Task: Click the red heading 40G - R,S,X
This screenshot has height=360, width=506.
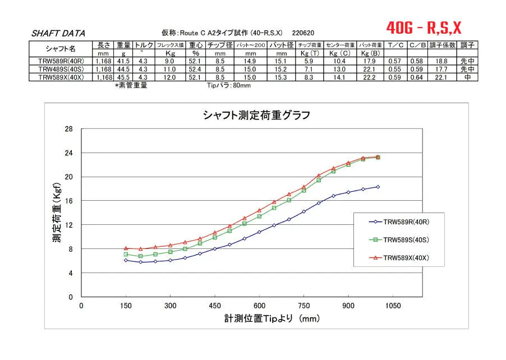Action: (424, 27)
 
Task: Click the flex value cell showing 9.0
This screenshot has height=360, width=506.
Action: (169, 61)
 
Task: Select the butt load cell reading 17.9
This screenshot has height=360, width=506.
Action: (371, 61)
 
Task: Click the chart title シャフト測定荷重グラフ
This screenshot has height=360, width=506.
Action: (256, 116)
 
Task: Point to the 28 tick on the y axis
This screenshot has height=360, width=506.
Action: (70, 129)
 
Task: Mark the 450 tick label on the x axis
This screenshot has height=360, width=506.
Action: (214, 306)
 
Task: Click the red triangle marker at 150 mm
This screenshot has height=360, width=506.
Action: (126, 248)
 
